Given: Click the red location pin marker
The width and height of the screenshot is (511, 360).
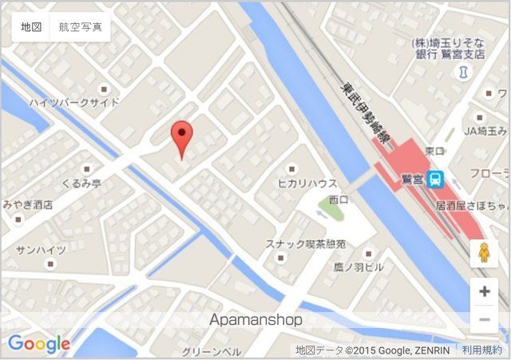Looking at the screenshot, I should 183,137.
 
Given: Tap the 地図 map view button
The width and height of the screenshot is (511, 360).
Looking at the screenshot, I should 31,27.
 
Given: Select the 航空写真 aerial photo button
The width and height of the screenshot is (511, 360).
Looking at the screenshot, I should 80,27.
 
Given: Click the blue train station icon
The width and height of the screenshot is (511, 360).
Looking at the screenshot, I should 434,179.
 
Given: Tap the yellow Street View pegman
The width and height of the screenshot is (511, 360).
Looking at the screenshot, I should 484,254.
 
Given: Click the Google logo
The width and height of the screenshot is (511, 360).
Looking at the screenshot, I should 39,344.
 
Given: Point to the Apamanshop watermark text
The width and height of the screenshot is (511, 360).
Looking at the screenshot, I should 255,320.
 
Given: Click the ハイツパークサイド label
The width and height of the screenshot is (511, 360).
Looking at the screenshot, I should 74,103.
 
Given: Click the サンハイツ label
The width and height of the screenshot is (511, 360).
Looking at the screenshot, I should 41,250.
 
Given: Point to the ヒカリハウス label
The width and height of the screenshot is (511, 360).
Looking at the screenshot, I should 307,183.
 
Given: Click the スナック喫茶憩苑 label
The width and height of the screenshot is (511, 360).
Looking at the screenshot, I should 306,243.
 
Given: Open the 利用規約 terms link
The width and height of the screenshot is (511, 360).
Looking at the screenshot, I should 482,350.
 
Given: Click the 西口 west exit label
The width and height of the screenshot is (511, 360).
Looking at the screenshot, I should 339,199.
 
